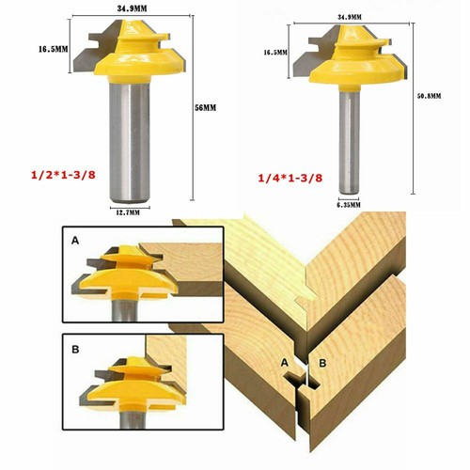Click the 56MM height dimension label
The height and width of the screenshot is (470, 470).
tap(206, 107)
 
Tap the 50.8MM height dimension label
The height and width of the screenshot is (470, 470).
tap(429, 96)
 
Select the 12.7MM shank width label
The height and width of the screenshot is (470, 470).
tap(128, 213)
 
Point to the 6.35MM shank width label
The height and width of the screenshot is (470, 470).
tap(349, 205)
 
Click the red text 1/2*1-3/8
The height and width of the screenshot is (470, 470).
tap(63, 175)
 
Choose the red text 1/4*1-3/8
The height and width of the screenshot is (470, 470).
tap(290, 179)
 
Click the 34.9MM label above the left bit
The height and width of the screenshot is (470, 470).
tap(132, 8)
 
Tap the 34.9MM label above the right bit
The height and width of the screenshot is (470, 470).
tap(350, 17)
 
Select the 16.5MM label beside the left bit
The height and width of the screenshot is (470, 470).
tap(54, 49)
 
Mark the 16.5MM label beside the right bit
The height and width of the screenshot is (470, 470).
tap(275, 53)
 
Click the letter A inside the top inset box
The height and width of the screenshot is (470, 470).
tap(75, 241)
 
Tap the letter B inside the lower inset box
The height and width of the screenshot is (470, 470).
tap(75, 349)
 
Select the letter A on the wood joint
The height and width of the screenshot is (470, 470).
tap(284, 363)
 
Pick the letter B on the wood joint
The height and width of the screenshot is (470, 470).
tap(322, 363)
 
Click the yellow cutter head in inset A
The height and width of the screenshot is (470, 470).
tap(127, 275)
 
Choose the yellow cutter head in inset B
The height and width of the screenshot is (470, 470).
tap(133, 384)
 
